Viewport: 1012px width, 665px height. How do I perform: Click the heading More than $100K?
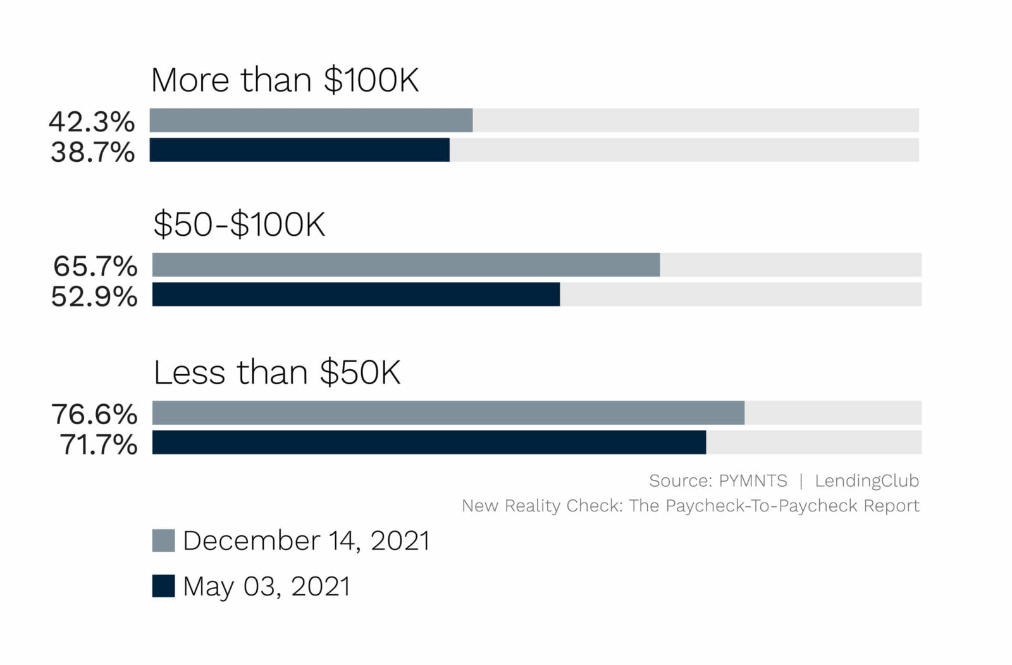(x=285, y=81)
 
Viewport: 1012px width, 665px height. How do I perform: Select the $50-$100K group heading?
(x=239, y=224)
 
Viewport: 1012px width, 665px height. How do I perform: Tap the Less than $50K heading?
(x=277, y=372)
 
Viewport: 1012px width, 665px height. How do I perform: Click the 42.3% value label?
(x=92, y=121)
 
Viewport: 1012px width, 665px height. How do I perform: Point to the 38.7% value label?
(x=92, y=152)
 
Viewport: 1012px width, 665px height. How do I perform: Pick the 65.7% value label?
(x=95, y=266)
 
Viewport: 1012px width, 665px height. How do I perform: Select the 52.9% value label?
(x=94, y=296)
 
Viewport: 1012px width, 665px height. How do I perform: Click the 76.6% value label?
(x=94, y=414)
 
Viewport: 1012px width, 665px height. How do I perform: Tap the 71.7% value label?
(x=98, y=444)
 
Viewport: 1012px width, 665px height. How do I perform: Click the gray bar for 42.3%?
(x=311, y=120)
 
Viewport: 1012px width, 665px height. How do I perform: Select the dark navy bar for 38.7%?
(x=300, y=150)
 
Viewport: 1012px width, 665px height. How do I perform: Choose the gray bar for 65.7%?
(x=406, y=265)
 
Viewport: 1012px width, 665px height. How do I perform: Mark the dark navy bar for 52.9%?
(x=356, y=295)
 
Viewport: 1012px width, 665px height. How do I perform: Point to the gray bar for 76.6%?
(x=448, y=413)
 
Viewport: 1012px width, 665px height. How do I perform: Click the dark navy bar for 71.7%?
(x=429, y=442)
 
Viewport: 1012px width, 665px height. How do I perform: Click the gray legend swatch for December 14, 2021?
(x=163, y=541)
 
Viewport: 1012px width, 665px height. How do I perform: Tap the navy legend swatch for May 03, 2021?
(x=163, y=586)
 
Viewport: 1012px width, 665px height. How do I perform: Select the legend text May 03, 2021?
(x=266, y=587)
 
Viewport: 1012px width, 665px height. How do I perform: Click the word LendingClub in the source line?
(x=867, y=481)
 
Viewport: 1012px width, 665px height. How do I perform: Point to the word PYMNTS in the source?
(x=753, y=481)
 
